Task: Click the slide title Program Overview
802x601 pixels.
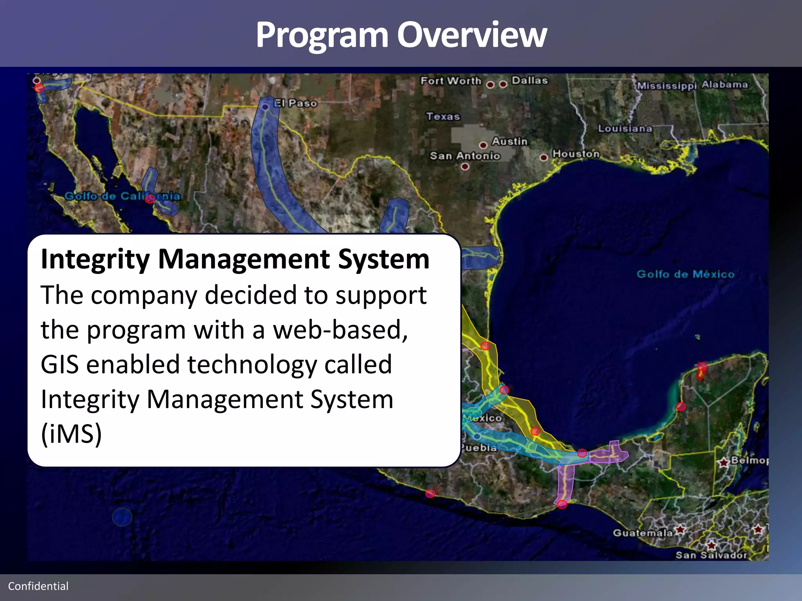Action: (401, 35)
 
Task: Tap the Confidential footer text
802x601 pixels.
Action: (38, 586)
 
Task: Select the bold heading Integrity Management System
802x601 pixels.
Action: (235, 259)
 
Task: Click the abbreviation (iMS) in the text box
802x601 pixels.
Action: (71, 434)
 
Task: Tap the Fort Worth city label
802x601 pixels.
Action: (451, 81)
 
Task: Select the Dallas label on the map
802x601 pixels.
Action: (529, 80)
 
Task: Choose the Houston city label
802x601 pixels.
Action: (576, 154)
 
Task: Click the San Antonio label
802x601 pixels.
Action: (465, 156)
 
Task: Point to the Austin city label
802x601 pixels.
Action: (509, 141)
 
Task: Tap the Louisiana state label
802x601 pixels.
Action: (625, 128)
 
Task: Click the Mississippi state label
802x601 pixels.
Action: (667, 86)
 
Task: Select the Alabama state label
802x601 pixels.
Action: (724, 85)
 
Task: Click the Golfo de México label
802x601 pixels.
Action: (685, 274)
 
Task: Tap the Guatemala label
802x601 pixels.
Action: (643, 533)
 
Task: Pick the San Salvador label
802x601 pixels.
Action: (711, 555)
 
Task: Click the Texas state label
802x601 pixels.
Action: (443, 116)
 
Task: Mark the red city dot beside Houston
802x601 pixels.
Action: (544, 158)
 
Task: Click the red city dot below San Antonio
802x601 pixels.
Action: (465, 166)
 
